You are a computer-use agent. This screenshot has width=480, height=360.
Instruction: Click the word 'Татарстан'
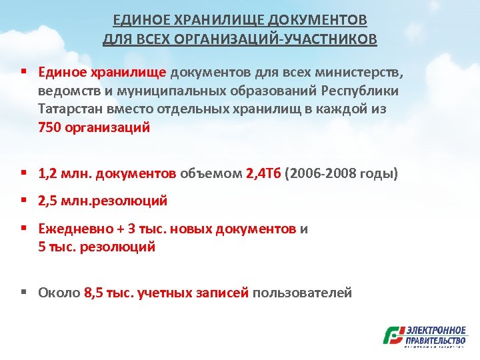click(68, 109)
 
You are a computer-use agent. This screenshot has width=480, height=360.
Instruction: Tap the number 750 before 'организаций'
click(49, 127)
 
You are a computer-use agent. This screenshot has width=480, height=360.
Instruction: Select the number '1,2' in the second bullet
click(48, 174)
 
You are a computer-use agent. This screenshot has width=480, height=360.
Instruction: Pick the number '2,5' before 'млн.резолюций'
click(48, 201)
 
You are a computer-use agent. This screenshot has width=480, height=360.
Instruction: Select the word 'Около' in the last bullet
click(59, 292)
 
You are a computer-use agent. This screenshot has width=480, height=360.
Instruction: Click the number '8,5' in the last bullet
click(95, 292)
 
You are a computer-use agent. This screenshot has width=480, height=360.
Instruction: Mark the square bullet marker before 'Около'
click(24, 292)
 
